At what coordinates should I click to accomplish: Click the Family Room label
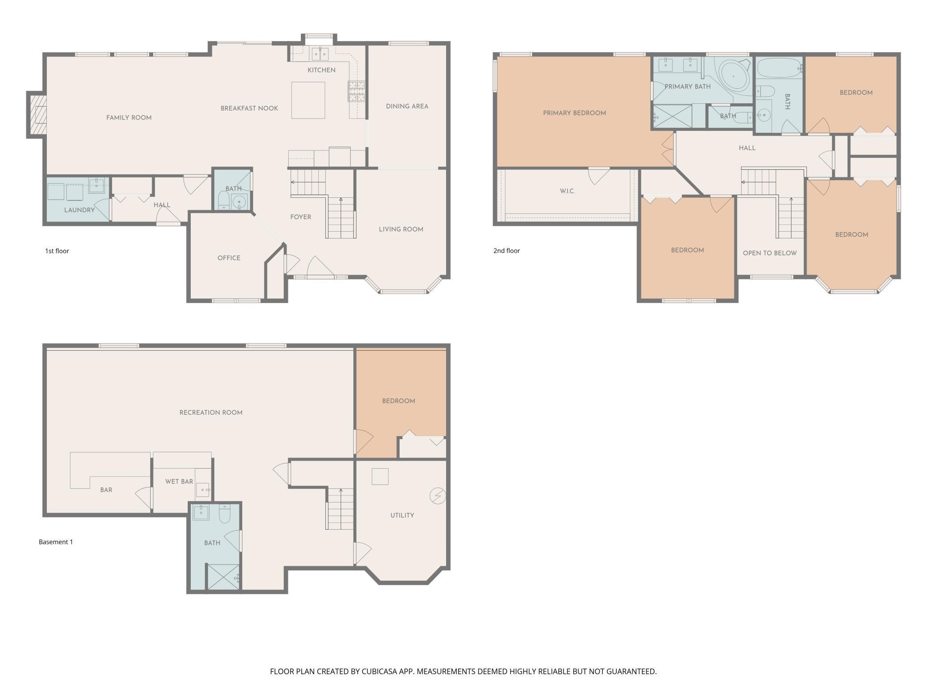129,118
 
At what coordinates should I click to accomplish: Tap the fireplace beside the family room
37,115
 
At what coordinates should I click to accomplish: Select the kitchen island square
308,100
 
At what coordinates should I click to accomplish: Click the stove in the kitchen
357,92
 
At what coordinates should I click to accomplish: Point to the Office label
229,258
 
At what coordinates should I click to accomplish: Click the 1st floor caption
57,251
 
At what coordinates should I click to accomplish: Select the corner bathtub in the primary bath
735,77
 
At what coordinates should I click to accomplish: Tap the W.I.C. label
567,191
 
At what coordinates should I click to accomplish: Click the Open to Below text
770,253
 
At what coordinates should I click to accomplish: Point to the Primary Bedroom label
574,113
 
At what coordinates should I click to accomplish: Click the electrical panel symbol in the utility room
438,496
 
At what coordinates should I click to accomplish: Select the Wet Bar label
179,482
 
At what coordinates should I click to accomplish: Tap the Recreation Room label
211,413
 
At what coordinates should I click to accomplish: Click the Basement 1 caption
56,542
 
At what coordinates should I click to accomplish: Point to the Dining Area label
407,106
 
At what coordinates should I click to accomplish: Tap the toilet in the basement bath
225,514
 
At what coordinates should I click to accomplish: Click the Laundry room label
79,210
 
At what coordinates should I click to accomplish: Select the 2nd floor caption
507,251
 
